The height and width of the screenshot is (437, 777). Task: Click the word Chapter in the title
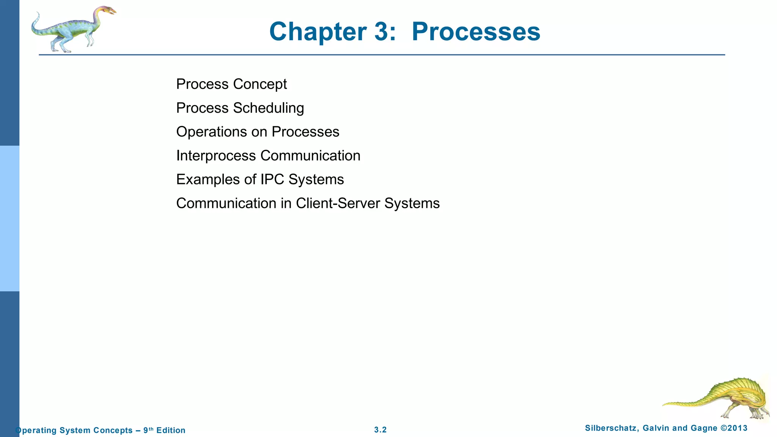pos(318,32)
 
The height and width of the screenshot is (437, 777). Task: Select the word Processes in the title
pos(476,32)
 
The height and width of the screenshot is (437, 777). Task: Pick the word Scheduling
pos(269,108)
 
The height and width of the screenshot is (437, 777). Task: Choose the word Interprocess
pos(216,156)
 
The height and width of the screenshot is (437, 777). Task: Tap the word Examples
pos(208,179)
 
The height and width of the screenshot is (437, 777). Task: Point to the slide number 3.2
pos(380,430)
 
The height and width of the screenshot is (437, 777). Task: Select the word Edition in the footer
pos(171,430)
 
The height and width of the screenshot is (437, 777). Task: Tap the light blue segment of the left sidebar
pos(9,218)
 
